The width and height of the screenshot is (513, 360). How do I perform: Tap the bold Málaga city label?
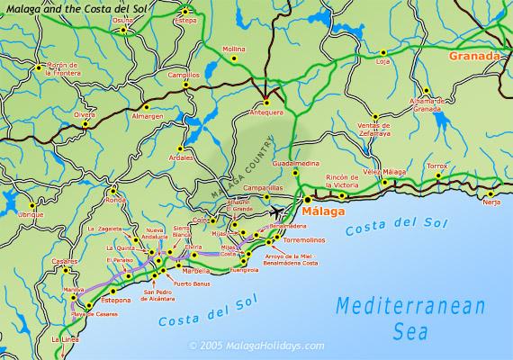tap(321, 211)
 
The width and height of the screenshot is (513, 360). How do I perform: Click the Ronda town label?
tap(116, 200)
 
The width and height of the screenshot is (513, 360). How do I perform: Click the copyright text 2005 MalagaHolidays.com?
tap(255, 345)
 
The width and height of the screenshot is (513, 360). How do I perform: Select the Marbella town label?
tap(196, 270)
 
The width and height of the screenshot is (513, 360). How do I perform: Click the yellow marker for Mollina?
tap(234, 58)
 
